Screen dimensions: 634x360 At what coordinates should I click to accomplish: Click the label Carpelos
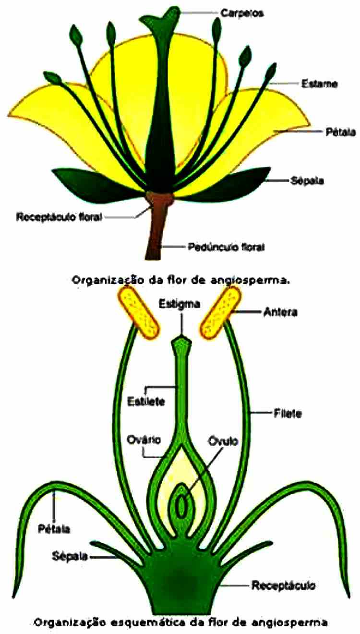[x=242, y=13]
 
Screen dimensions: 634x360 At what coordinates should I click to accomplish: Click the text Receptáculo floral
[x=59, y=217]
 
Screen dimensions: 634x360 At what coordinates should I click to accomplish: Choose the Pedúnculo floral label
[x=226, y=247]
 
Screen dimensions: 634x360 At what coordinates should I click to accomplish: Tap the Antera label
[x=281, y=312]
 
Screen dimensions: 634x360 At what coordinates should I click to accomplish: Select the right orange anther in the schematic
[x=221, y=312]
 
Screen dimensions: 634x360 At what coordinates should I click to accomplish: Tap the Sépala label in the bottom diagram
[x=70, y=556]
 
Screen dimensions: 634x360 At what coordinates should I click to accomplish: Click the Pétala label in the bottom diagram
[x=54, y=529]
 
